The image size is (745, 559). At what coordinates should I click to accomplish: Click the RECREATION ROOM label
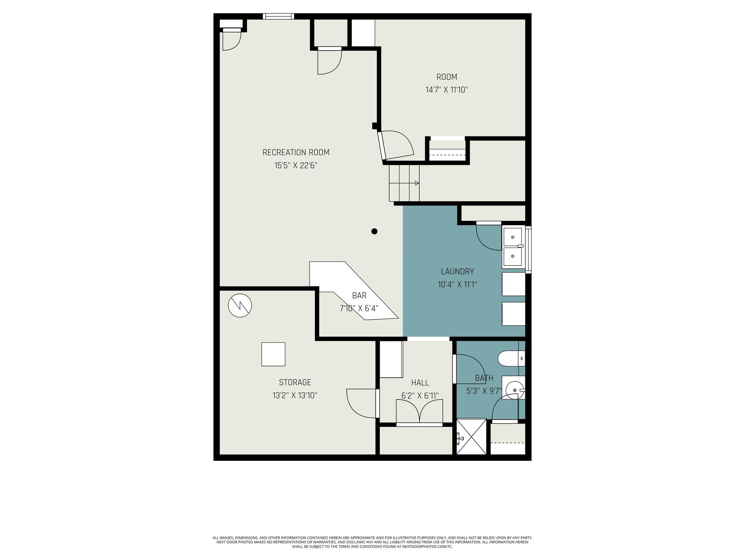point(296,152)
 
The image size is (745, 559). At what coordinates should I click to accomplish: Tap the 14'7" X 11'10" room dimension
point(447,90)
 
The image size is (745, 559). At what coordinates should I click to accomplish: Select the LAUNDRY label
point(457,271)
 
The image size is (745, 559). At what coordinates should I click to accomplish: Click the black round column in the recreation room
point(374,231)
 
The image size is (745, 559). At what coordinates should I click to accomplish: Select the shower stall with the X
point(471,437)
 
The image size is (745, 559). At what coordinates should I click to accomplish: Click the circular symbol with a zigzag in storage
point(240,305)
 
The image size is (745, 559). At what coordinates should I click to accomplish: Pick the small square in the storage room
point(273,354)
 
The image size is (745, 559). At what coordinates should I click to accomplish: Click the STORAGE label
point(295,382)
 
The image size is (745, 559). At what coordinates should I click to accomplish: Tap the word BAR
point(359,296)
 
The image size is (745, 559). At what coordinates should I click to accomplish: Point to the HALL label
point(420,383)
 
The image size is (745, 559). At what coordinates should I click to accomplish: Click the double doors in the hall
point(419,412)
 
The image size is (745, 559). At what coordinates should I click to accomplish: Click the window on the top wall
point(279,16)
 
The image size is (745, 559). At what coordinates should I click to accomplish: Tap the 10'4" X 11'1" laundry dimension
point(457,285)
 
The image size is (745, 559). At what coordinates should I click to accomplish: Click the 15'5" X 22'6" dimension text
point(296,166)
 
